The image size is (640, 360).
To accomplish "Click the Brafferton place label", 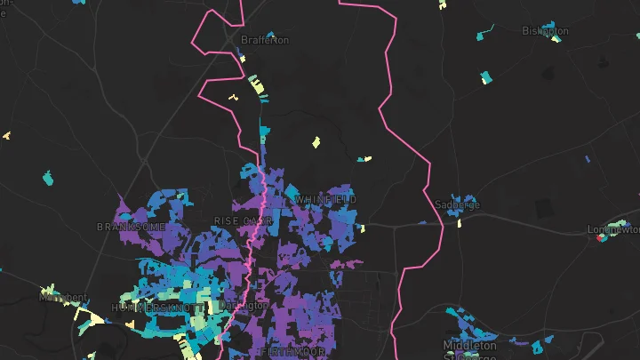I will [266, 40].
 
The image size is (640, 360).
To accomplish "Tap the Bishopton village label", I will [545, 31].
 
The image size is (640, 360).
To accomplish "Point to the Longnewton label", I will [614, 228].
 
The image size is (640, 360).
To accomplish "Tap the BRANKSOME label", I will [131, 227].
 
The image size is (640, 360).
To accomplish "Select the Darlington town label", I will [243, 305].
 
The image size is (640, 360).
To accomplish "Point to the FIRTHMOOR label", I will [289, 353].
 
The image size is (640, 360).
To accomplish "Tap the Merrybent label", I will [63, 298].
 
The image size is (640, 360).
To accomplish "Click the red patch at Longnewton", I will [602, 237].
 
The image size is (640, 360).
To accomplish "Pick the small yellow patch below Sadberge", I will [460, 222].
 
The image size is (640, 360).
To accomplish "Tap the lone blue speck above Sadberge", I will [588, 159].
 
